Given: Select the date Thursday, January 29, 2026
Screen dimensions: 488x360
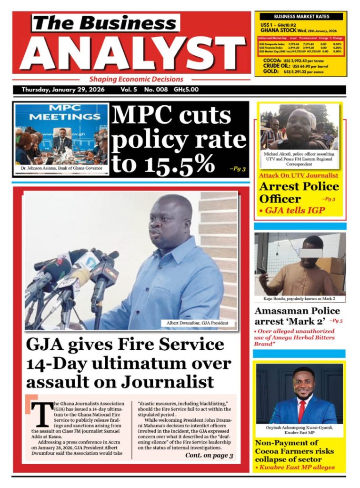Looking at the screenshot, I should [64, 90].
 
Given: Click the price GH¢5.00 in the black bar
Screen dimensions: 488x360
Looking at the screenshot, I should [186, 90].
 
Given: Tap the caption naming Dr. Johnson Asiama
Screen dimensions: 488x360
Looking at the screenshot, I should [61, 168].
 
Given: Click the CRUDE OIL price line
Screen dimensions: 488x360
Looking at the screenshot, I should [298, 66].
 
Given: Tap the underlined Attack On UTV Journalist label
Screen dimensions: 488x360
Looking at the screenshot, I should [295, 176].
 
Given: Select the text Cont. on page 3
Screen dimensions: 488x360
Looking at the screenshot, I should [209, 456].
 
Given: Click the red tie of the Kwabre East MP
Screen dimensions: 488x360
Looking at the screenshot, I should [301, 409].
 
